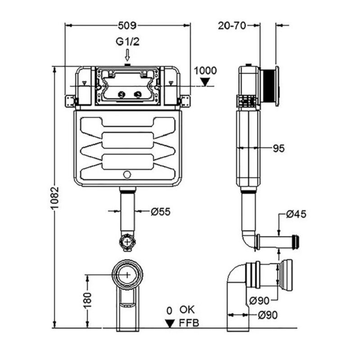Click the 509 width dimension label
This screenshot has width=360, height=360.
[x=127, y=26]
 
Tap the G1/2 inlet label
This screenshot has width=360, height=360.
[x=127, y=42]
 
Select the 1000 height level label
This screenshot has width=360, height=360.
[x=205, y=70]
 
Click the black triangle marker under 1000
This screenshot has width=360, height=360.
[x=205, y=81]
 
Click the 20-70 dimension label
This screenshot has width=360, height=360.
[x=232, y=26]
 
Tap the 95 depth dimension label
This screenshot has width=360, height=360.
[x=279, y=148]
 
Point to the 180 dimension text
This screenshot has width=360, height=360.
[x=88, y=299]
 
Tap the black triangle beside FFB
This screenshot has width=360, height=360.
[x=170, y=323]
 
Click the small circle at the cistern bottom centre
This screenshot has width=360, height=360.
[x=127, y=174]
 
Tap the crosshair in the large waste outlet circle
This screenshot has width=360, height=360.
[x=128, y=274]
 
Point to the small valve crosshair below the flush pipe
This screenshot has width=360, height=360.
[x=128, y=242]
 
